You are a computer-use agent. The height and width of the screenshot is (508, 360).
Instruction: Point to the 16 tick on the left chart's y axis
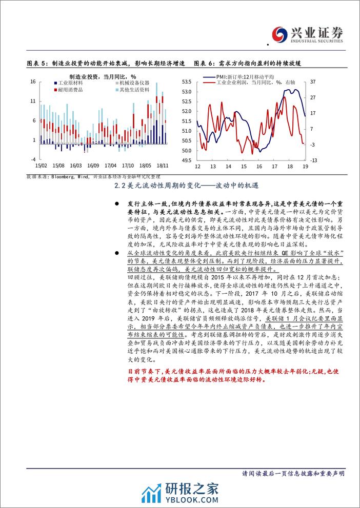33,82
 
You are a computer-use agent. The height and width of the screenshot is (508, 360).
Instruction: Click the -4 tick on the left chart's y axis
33,159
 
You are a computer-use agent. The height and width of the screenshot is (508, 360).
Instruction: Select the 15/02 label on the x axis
41,166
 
